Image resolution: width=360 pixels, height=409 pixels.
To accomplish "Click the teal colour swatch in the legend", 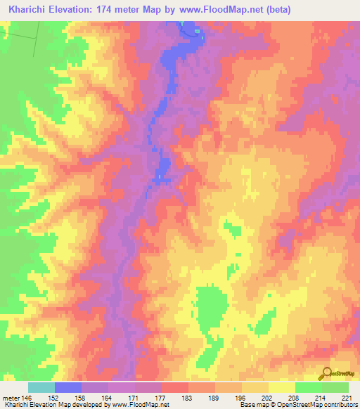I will coord(41,387).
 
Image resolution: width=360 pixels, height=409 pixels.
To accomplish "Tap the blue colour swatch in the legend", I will coord(68,387).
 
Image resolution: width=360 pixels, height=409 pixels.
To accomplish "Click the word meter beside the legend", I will coord(12,398).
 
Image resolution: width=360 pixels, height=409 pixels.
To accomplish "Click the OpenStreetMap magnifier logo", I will coord(326,373).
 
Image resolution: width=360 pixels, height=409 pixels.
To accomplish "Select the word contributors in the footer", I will coord(342,405).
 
